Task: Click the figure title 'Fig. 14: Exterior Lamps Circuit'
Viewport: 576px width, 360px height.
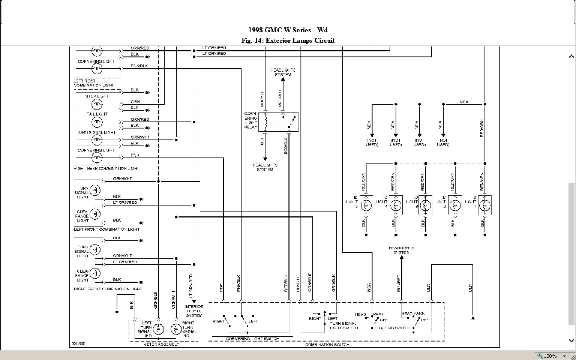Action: click(288, 40)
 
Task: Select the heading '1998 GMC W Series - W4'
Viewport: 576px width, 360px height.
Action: click(288, 30)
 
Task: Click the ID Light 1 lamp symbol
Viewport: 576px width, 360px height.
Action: click(485, 205)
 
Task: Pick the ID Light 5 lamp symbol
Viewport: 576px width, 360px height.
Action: click(367, 205)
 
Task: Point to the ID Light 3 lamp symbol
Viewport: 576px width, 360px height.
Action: click(426, 205)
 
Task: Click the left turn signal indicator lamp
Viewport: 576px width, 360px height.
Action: click(158, 329)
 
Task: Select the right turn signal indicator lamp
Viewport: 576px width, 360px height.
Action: click(176, 329)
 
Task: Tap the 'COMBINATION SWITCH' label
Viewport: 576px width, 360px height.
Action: click(327, 344)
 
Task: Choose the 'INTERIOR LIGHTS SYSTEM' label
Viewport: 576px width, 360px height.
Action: click(194, 311)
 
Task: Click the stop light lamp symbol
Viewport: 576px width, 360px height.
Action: click(97, 104)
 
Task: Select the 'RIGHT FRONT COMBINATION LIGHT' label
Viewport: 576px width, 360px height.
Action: click(108, 289)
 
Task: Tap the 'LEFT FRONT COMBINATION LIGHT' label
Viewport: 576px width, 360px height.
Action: click(107, 229)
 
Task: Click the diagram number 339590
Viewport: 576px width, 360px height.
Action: click(78, 344)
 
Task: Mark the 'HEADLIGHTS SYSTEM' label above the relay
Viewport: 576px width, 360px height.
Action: click(283, 72)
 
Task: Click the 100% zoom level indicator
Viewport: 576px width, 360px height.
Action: click(550, 356)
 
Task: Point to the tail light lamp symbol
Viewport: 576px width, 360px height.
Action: click(97, 122)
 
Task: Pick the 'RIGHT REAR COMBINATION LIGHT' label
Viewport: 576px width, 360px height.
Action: click(106, 169)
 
